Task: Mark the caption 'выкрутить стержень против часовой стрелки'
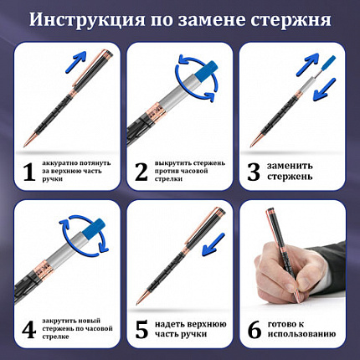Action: [186, 171]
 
